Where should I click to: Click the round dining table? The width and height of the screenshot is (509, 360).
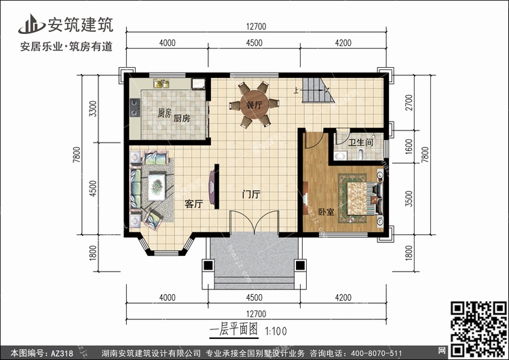coord(254,105)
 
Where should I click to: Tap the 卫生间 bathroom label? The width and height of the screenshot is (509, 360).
coord(360,143)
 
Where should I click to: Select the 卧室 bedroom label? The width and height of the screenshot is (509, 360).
coord(326,212)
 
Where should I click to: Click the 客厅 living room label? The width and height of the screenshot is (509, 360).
coord(194,204)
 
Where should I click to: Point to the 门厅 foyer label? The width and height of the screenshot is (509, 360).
coord(251,194)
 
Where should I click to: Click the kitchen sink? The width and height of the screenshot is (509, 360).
coord(162,84)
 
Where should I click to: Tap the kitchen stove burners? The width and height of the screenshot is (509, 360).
coord(134,108)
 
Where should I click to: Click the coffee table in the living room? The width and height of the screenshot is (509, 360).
coord(157,187)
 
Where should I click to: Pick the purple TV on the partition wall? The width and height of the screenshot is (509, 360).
coord(212,187)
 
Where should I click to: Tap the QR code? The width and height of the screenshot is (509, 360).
coord(478,329)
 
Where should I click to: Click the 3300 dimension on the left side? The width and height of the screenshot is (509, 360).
coord(93,109)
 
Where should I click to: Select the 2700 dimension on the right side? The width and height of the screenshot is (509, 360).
coord(409,103)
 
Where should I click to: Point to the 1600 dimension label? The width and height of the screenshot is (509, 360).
coord(409,147)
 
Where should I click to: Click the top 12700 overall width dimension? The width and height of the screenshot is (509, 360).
coord(256,26)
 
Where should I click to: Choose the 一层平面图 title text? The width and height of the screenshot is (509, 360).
coord(233,330)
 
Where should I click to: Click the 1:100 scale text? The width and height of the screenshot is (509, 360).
coord(276,331)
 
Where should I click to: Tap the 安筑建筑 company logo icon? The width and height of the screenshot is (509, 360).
coord(31,24)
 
